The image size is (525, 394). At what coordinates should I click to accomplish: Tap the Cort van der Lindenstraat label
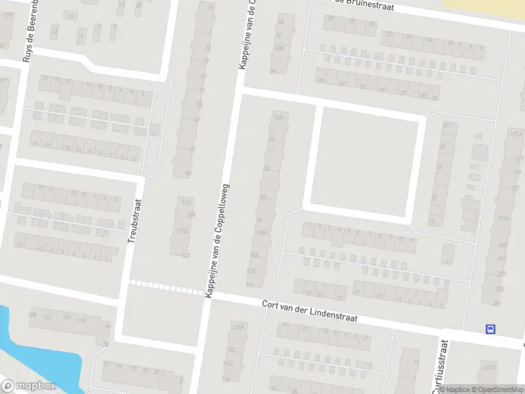coord(309,311)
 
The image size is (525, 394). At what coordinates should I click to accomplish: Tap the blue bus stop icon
coord(490,329)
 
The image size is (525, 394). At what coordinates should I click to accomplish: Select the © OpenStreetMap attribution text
coord(497,389)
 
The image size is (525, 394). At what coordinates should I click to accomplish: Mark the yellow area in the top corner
coord(484,5)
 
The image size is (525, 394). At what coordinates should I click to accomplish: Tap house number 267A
coord(488,368)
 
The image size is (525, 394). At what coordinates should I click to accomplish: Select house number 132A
coord(238,326)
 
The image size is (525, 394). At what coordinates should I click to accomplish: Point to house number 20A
coord(280,47)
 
